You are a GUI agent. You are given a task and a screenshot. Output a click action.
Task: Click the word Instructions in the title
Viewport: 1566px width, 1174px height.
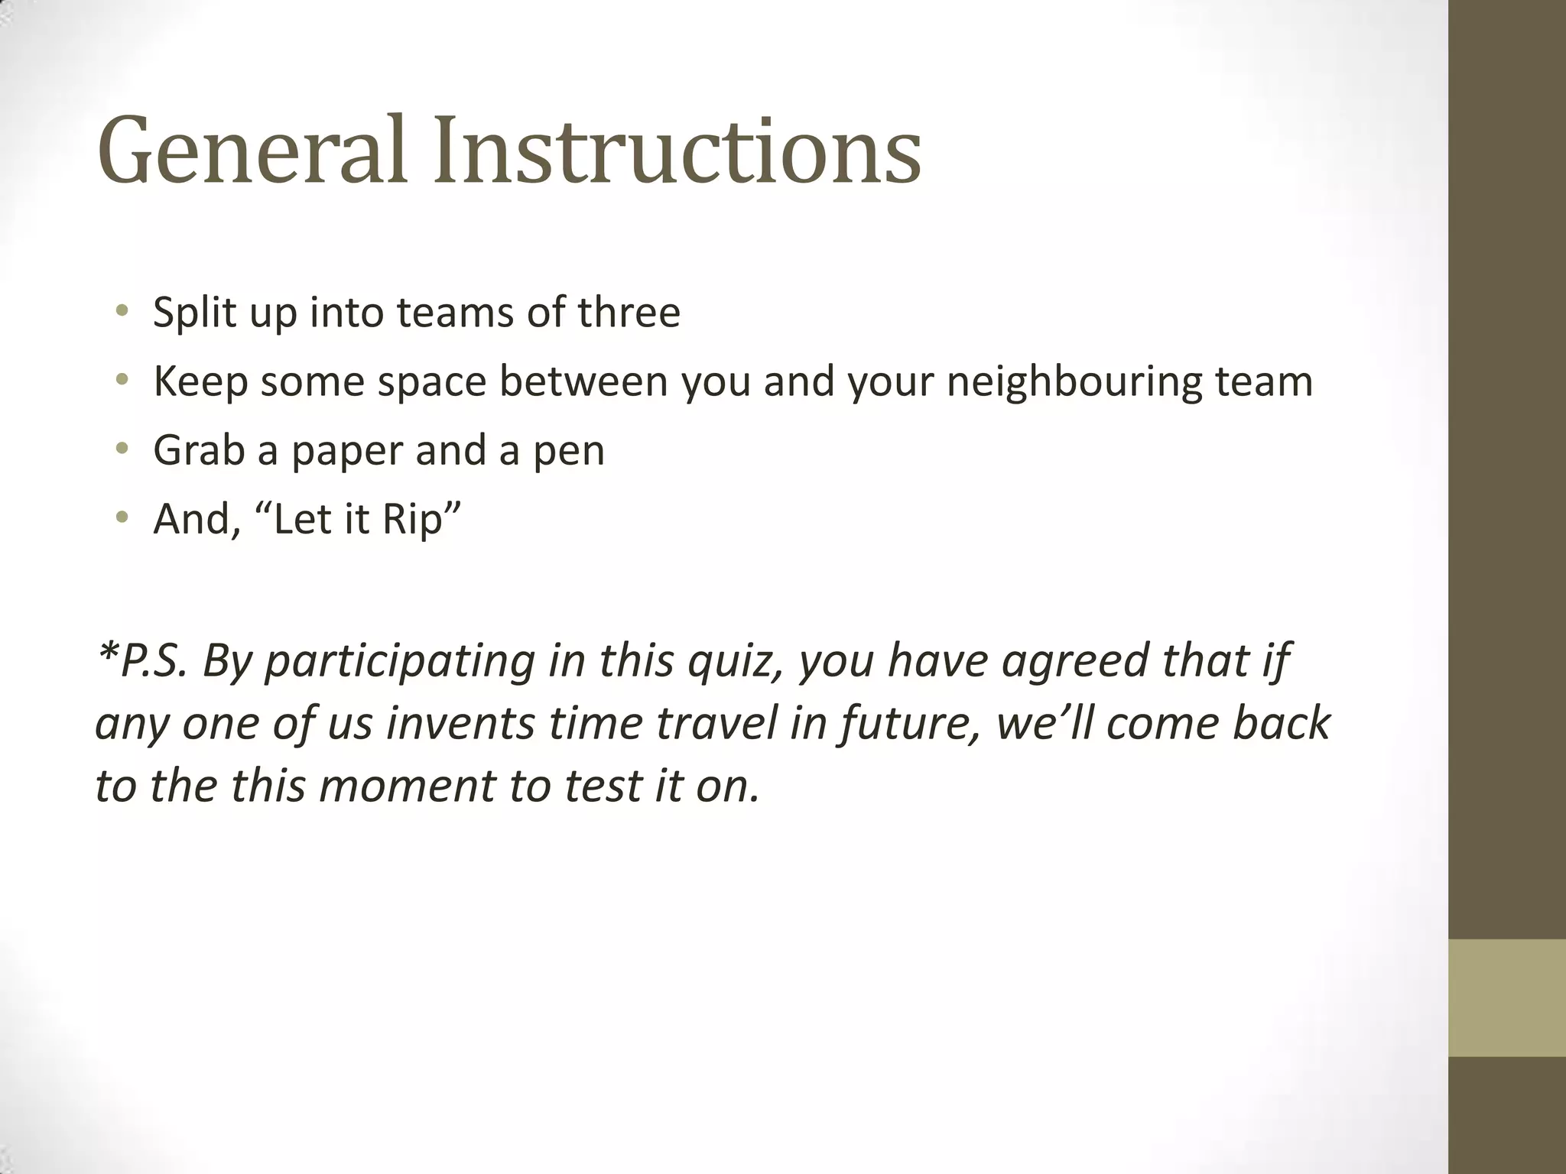point(677,151)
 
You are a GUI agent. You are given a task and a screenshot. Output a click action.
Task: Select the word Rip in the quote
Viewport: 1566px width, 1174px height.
point(412,521)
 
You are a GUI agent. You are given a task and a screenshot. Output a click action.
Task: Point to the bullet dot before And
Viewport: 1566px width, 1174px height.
point(122,517)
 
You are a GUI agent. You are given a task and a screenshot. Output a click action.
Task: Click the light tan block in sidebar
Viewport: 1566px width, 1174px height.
point(1506,997)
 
